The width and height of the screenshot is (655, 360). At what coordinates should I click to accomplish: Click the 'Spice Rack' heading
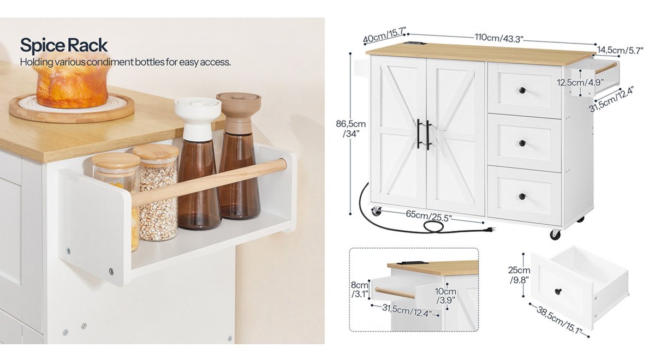point(64,46)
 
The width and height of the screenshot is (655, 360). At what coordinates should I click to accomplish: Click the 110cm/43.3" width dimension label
point(498,38)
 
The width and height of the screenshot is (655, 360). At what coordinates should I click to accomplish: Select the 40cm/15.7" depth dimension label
point(384,35)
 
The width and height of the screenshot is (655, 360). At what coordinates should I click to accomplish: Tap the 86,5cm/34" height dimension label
point(350,129)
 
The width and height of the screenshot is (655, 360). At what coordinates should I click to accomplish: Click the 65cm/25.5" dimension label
point(429,215)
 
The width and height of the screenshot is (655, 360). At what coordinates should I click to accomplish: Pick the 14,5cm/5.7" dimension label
point(620,50)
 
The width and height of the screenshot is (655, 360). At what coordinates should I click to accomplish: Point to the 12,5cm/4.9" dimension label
point(580,83)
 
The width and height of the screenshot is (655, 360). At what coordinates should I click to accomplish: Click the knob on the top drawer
point(522,91)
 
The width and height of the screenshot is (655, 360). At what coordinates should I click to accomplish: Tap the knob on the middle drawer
point(522,143)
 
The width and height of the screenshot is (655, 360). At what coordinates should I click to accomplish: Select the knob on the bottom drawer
point(522,196)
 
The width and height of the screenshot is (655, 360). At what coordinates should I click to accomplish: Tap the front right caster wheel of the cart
point(555,235)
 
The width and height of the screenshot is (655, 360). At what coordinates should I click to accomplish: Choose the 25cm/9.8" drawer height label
point(519,275)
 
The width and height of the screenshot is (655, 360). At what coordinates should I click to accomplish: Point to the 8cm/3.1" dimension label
point(360,289)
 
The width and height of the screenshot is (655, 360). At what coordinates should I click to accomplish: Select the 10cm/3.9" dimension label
point(445,296)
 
